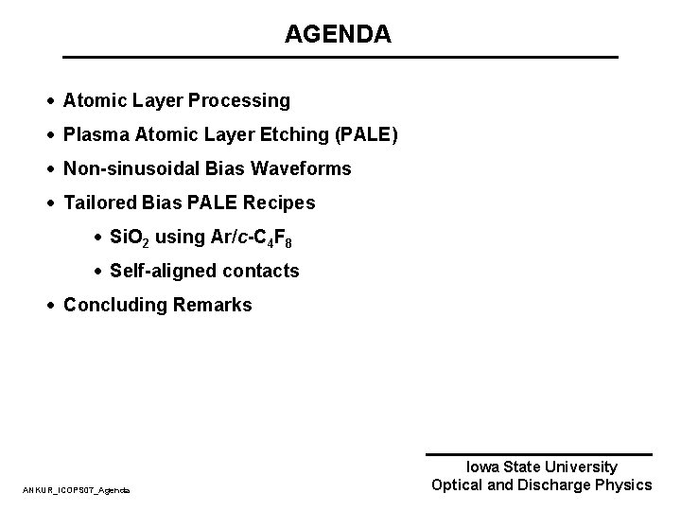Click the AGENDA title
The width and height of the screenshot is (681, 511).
point(338,35)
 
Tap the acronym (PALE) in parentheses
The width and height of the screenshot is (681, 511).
point(367,135)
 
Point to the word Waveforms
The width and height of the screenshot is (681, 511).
point(303,169)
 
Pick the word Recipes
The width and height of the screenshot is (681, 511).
point(279,203)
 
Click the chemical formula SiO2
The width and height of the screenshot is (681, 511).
point(131,238)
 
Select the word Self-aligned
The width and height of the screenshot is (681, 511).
point(163,272)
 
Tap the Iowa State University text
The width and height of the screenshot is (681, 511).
point(542,467)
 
